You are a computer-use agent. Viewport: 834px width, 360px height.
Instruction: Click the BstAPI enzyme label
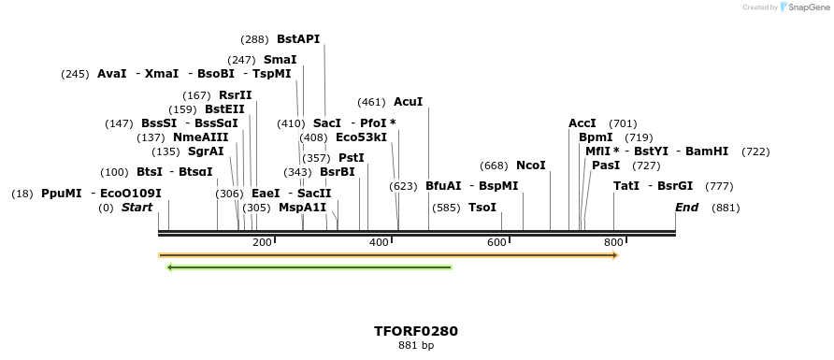click(298, 39)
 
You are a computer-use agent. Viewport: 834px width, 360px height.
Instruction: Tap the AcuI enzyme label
click(408, 101)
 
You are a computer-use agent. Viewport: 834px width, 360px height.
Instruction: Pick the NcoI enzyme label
click(530, 166)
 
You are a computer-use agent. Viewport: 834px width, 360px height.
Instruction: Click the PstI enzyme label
click(351, 157)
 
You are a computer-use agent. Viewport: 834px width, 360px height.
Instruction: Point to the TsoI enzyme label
click(482, 207)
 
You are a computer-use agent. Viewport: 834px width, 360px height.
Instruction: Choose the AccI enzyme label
click(582, 123)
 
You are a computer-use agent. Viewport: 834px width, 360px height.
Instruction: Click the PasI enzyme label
click(605, 165)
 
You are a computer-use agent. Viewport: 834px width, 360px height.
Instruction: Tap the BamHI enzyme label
click(706, 151)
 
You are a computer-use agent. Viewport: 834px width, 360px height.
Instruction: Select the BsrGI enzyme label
click(675, 185)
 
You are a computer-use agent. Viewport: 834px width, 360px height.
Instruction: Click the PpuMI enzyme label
click(61, 194)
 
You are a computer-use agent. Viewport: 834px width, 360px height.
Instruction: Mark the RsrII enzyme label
click(235, 94)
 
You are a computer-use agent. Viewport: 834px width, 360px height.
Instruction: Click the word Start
click(137, 207)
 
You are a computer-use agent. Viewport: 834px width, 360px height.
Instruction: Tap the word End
click(686, 207)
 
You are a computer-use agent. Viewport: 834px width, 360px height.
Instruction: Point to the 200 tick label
click(262, 243)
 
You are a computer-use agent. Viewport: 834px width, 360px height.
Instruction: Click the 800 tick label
click(613, 243)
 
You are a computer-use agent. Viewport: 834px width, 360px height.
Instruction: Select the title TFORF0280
click(415, 331)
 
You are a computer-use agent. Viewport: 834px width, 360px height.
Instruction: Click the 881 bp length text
click(415, 345)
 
